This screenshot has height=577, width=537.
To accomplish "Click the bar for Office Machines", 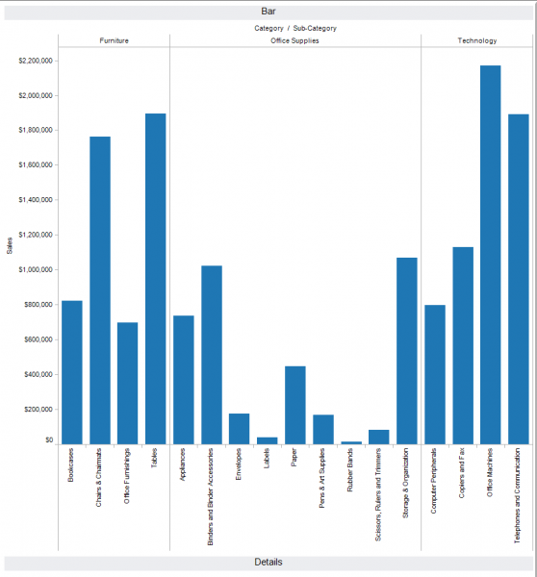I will pyautogui.click(x=491, y=255).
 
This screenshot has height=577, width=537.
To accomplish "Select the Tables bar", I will pyautogui.click(x=156, y=279).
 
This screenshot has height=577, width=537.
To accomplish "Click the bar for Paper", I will pyautogui.click(x=295, y=405).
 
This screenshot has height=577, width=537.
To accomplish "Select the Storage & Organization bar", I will pyautogui.click(x=407, y=351).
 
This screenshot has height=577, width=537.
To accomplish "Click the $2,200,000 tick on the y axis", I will pyautogui.click(x=35, y=61).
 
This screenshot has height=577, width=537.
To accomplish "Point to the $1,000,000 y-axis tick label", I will pyautogui.click(x=35, y=269).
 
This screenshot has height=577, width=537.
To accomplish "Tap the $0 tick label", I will pyautogui.click(x=48, y=440).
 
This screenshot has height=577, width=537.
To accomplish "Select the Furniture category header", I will pyautogui.click(x=114, y=41).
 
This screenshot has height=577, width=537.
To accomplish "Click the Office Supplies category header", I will pyautogui.click(x=294, y=41).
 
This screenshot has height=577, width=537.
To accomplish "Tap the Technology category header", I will pyautogui.click(x=477, y=41).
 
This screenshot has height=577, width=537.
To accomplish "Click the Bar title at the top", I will pyautogui.click(x=268, y=11).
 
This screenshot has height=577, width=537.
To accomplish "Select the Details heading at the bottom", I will pyautogui.click(x=268, y=562).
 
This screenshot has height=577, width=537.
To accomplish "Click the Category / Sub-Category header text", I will pyautogui.click(x=294, y=28).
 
